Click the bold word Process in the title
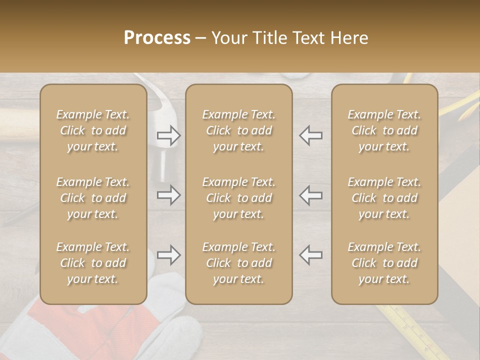157,38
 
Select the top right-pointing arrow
169,135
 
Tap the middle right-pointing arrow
169,195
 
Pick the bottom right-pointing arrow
169,255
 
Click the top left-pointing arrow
310,135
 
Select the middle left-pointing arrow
310,195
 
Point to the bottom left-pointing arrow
310,255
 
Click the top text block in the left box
93,130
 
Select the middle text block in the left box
93,198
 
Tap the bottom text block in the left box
93,263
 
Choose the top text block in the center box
238,130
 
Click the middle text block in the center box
238,198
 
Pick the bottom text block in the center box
238,263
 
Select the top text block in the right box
384,130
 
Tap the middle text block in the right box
384,198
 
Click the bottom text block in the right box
384,263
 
